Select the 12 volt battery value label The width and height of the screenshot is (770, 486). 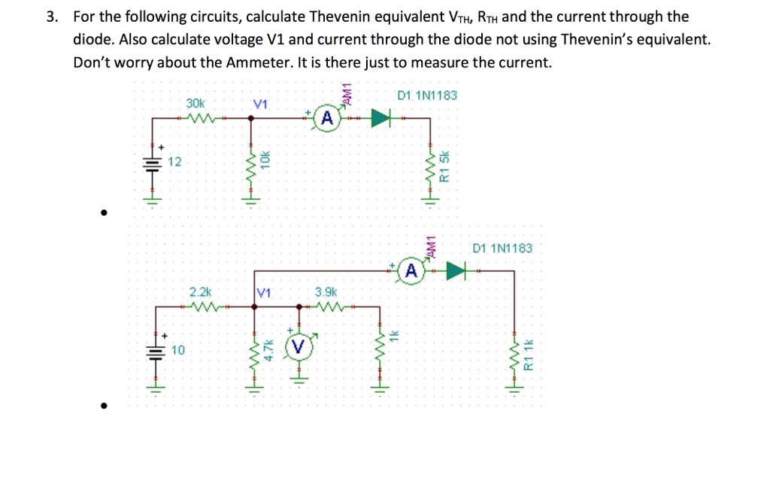click(174, 161)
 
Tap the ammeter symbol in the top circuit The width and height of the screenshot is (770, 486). click(326, 118)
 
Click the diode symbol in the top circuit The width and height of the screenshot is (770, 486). click(382, 118)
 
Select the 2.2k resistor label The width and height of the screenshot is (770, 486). click(201, 291)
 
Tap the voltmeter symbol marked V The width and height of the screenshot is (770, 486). click(299, 346)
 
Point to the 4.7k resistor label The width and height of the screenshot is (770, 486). click(267, 350)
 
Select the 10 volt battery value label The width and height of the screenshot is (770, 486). click(177, 350)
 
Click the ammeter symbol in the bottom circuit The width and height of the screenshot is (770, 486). click(411, 270)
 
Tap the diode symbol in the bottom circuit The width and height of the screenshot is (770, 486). click(456, 270)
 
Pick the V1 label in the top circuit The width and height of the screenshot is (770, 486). click(261, 104)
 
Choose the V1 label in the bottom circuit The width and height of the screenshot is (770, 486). click(263, 292)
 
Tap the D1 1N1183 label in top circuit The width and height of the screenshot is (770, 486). click(426, 95)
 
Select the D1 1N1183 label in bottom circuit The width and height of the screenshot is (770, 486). click(502, 248)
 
